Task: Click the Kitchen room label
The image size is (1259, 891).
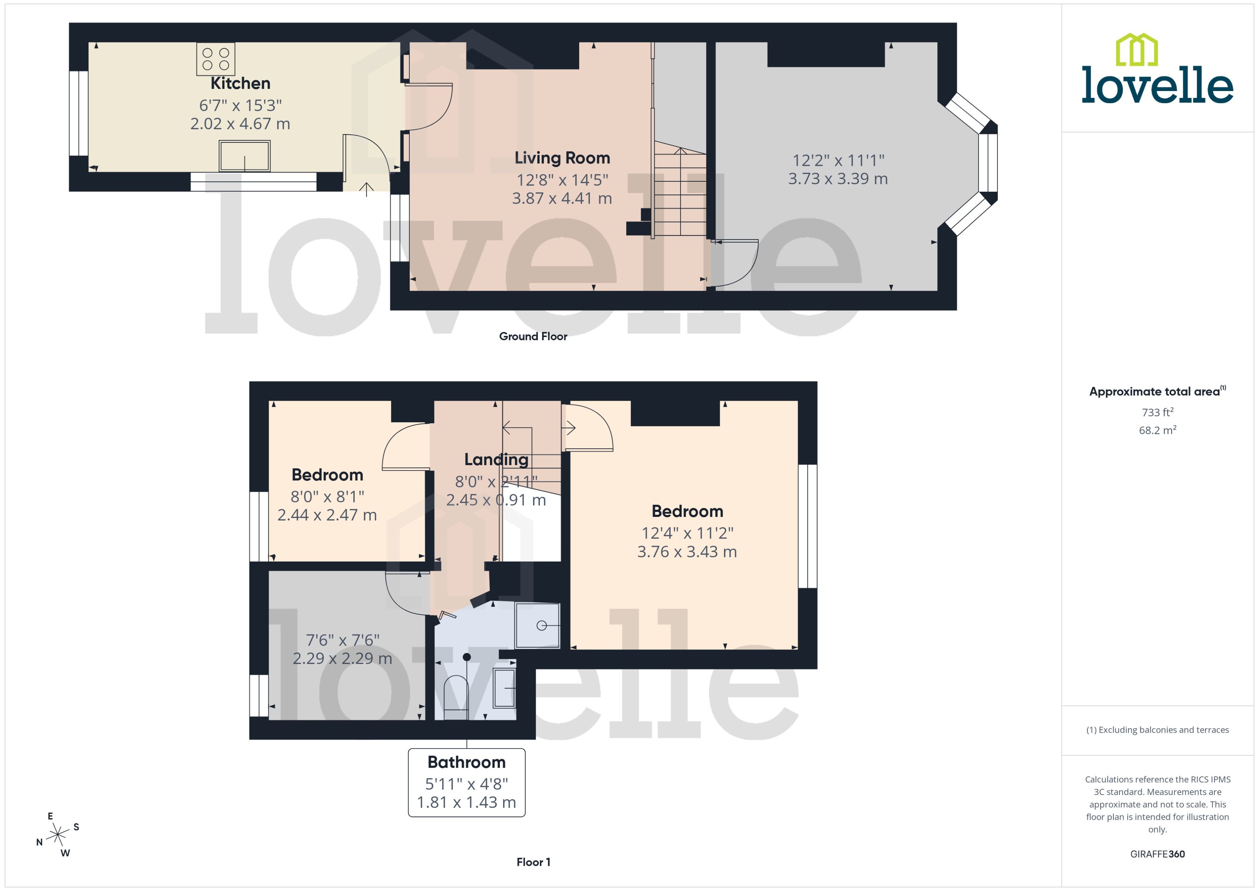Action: tap(240, 83)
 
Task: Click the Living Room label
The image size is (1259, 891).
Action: tap(562, 158)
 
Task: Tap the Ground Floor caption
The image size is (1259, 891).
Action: tap(533, 336)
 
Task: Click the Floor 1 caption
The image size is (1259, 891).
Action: tap(533, 862)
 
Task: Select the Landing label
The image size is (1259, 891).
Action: tap(496, 459)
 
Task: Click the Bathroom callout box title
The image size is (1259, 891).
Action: tap(466, 762)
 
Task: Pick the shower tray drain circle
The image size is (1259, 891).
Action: tap(541, 626)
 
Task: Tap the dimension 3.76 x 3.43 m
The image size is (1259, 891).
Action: tap(687, 551)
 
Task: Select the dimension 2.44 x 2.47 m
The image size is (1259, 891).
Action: tap(327, 515)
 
